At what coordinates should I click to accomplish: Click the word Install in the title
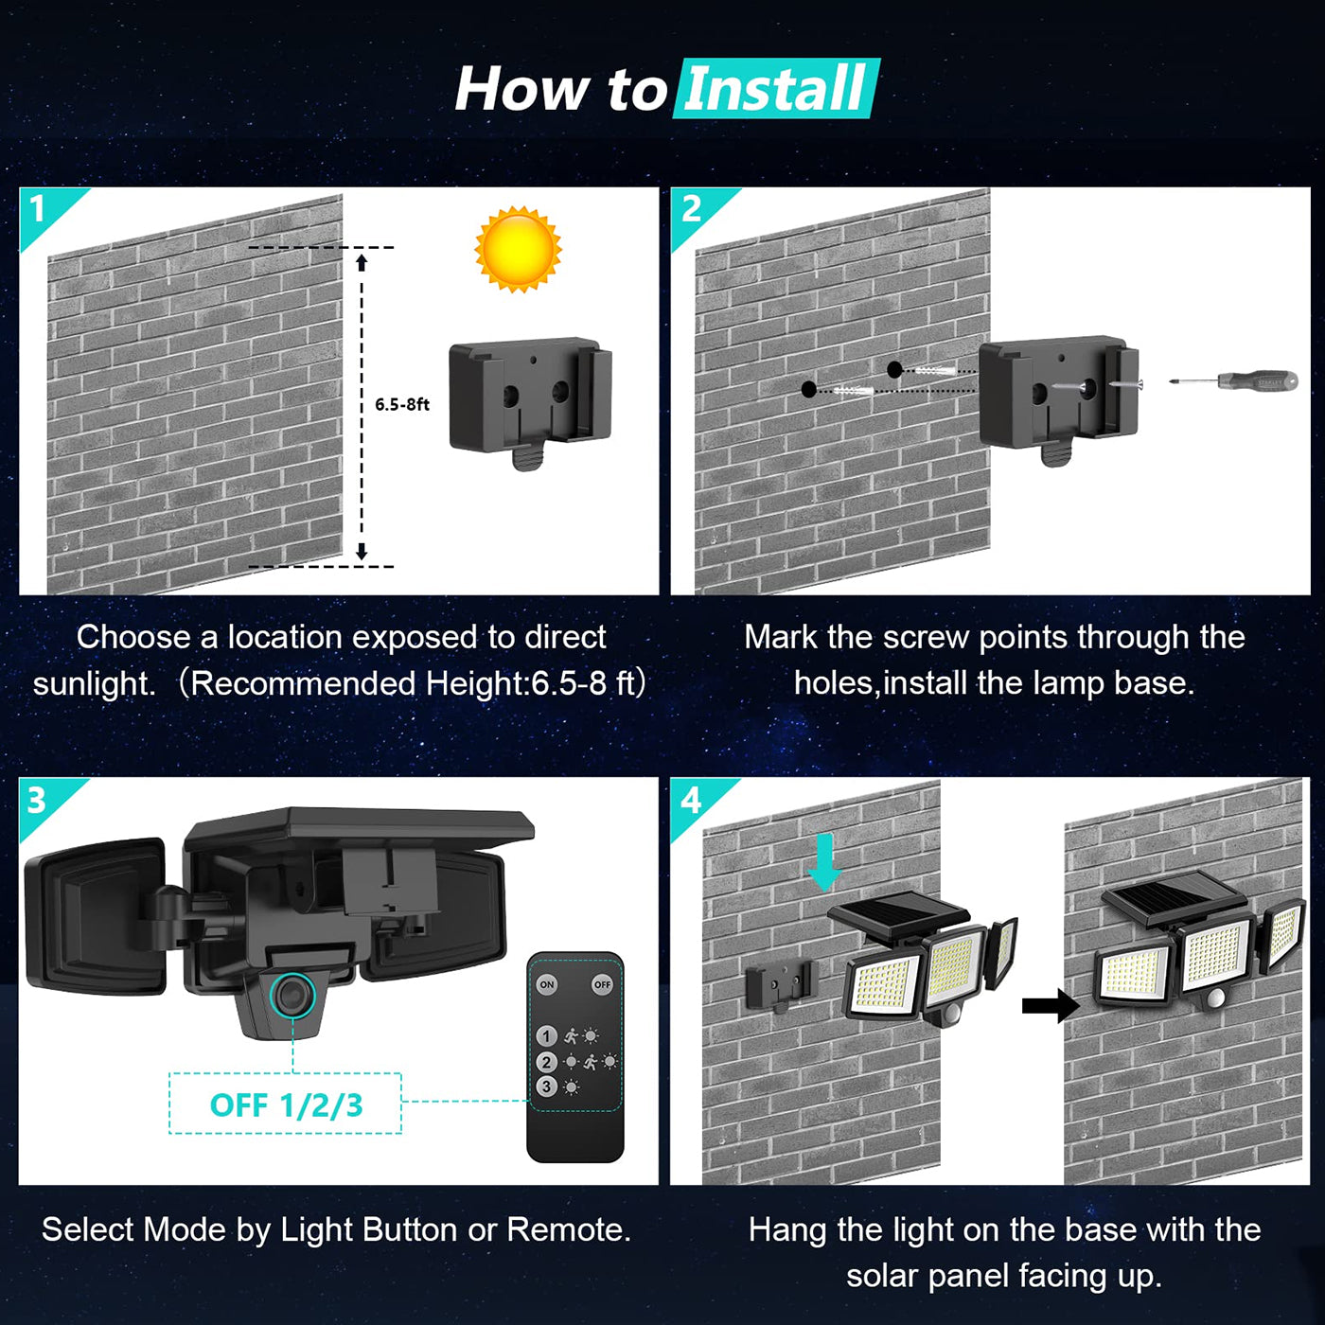[774, 89]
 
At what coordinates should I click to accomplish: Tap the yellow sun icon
[518, 249]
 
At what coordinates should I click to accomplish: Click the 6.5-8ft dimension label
[401, 404]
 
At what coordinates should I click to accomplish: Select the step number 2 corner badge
[692, 209]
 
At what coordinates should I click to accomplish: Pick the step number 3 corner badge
[38, 801]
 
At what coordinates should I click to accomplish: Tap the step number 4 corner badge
[691, 801]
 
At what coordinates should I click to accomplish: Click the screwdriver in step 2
[1235, 381]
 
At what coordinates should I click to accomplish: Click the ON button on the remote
[547, 984]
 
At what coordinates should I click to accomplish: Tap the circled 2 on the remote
[546, 1062]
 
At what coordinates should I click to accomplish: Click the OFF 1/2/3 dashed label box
[285, 1104]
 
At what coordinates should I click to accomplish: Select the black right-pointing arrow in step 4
[1050, 1005]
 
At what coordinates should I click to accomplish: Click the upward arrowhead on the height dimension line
[362, 261]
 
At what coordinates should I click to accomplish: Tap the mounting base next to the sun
[530, 397]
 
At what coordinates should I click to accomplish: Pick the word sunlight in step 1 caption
[94, 683]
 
